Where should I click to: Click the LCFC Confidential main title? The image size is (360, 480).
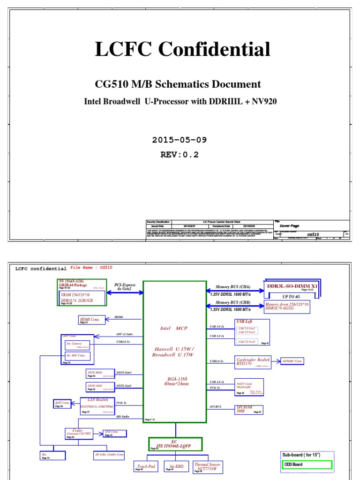pos(182,50)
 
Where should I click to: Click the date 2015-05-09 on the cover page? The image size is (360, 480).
pos(180,140)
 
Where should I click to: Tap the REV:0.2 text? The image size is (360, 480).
pos(180,155)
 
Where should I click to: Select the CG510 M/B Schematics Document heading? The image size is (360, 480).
pos(178,84)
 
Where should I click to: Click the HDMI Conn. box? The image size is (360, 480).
pos(92,320)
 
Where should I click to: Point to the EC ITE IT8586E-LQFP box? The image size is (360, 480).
pos(175,443)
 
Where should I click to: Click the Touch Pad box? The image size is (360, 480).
pos(145,467)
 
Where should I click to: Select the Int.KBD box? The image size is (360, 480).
pos(176,467)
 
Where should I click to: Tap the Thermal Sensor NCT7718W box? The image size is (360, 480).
pos(207,467)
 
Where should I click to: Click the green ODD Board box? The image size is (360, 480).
pos(307,465)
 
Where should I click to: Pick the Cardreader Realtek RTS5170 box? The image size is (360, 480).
pos(253,361)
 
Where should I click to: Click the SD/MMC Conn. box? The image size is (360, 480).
pos(292,361)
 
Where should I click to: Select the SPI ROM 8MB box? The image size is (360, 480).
pos(249,410)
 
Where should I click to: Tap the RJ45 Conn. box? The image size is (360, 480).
pos(63,403)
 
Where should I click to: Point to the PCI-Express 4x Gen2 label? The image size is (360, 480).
pos(125,286)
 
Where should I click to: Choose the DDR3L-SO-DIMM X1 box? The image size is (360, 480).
pos(292,287)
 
